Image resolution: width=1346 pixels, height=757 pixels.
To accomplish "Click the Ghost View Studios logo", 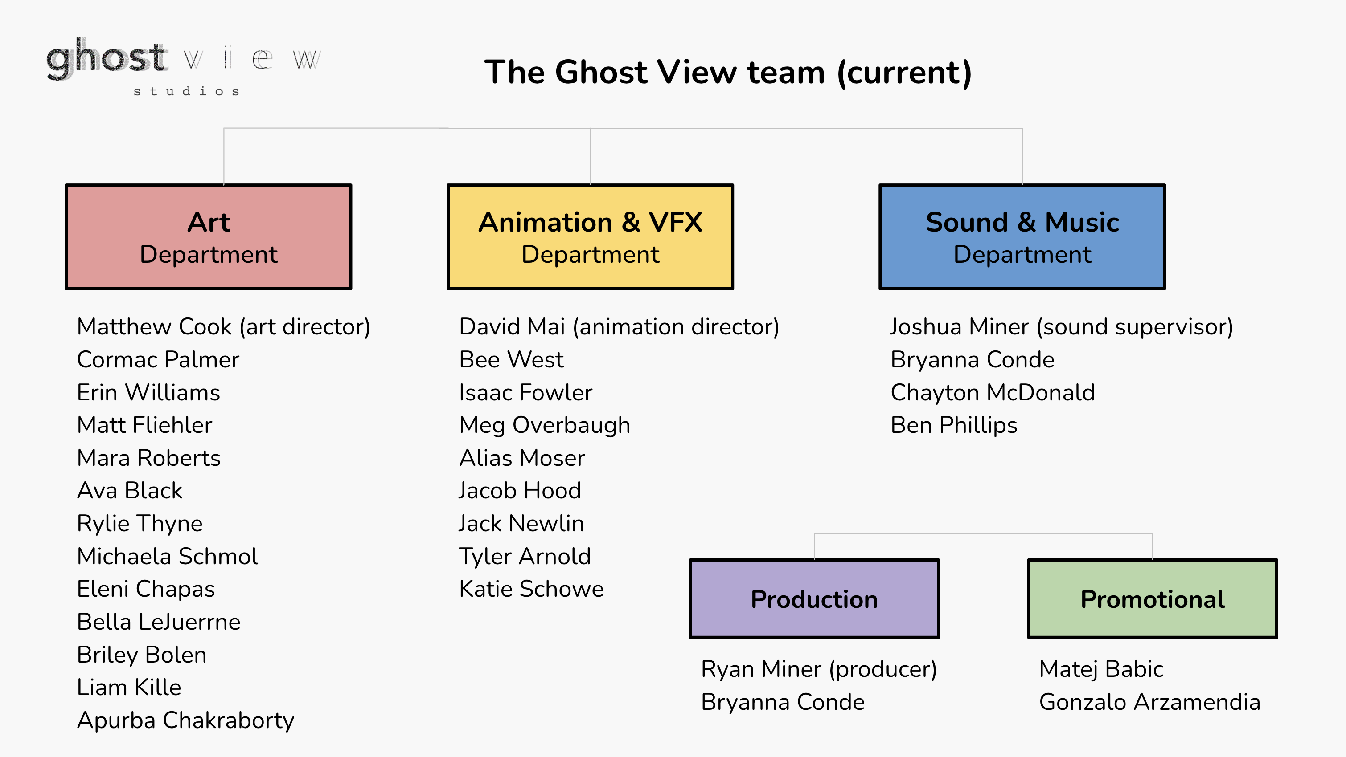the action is click(x=184, y=67).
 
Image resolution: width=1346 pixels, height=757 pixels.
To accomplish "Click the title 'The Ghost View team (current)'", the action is click(x=728, y=72).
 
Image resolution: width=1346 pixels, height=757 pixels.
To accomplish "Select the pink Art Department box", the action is click(x=209, y=236).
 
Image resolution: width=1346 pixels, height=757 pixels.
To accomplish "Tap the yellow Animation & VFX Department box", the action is click(x=591, y=236).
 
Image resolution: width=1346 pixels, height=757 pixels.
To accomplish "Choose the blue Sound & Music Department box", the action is click(x=1022, y=236).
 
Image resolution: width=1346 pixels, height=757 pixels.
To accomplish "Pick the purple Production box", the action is click(x=814, y=599).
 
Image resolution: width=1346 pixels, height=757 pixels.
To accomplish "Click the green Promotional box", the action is click(x=1152, y=599).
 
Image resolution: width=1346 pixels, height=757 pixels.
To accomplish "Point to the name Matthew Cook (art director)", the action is click(x=224, y=327).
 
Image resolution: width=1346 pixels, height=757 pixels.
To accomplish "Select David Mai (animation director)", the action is click(x=619, y=327).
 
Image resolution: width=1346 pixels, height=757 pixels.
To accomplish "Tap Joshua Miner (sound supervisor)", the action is click(x=1062, y=327).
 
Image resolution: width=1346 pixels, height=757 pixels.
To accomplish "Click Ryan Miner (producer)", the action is click(x=819, y=670).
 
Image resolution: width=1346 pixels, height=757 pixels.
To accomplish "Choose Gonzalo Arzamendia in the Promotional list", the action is click(x=1149, y=702).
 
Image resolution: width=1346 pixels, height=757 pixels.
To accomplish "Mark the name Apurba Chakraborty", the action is click(x=185, y=721).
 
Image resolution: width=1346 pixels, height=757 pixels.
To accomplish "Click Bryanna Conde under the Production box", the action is click(x=783, y=702).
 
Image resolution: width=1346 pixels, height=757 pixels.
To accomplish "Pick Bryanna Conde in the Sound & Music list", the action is click(x=973, y=360).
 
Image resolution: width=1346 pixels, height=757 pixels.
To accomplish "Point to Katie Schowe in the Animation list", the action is click(x=531, y=589).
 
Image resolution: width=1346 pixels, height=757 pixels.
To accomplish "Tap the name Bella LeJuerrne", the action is click(x=158, y=622).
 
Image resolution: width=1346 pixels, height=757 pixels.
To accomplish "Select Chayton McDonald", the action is click(x=992, y=393).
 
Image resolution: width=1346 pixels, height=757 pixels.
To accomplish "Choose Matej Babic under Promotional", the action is click(x=1101, y=669).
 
